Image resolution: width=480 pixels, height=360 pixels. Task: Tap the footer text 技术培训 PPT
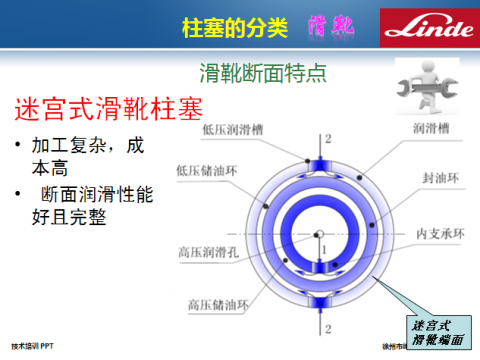point(33,345)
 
